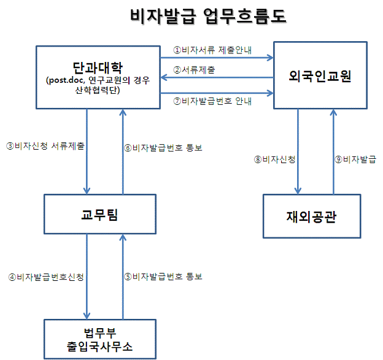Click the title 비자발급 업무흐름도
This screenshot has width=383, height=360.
208,17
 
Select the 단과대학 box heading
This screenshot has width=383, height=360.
98,67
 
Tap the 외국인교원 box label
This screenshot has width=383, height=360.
320,75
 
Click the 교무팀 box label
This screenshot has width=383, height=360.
99,215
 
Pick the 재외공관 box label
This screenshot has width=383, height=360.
311,216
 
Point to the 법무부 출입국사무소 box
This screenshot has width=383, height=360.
100,339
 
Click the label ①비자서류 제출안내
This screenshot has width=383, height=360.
212,50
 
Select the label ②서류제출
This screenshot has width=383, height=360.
194,70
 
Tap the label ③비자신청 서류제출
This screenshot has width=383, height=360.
45,146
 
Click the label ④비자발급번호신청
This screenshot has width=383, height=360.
46,277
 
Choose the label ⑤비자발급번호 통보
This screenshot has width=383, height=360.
163,277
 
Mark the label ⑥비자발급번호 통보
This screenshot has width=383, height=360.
163,148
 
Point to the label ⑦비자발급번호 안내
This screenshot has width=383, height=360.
212,101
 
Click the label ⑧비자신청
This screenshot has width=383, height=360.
275,159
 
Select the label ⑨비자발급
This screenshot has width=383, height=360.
355,159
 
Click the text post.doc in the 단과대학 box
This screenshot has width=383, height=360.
66,80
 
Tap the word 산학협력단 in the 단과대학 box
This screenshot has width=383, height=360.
96,90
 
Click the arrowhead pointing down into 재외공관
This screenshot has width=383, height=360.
298,191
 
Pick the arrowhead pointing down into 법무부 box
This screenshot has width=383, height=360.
87,316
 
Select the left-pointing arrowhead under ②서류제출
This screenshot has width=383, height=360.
164,78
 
